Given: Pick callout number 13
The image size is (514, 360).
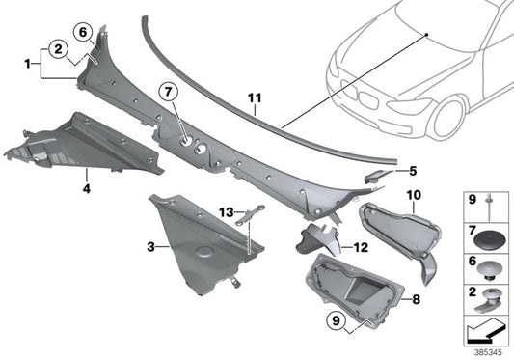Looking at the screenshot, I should (224, 211).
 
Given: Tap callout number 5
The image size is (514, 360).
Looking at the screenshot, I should (412, 171).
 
